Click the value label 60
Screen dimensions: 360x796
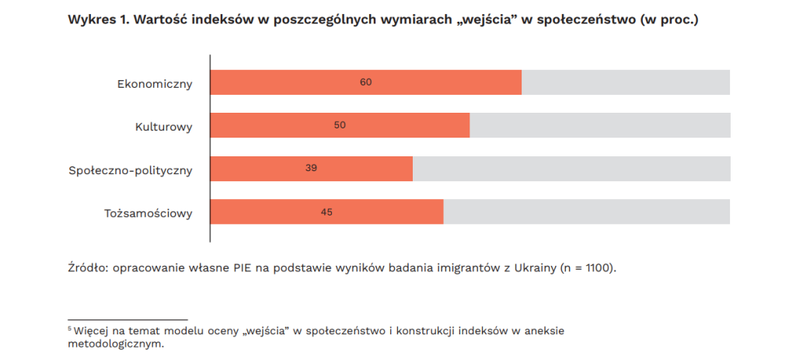[365, 82]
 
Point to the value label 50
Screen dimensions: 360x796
[340, 125]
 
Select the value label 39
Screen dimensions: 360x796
[311, 169]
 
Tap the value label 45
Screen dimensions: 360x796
[326, 211]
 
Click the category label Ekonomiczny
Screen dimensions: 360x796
[155, 82]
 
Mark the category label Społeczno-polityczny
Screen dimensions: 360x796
[130, 169]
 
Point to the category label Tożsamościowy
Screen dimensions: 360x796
[148, 212]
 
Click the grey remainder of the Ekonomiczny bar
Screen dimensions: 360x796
[626, 82]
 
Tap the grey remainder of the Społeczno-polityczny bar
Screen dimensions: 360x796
[571, 169]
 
